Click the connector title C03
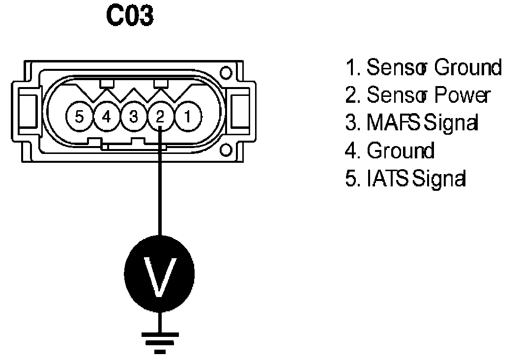(130, 16)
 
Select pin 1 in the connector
(188, 118)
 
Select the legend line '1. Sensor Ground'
(423, 68)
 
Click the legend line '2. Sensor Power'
(417, 95)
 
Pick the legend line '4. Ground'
(390, 150)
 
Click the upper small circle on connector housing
(226, 73)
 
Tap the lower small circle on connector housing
(226, 149)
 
